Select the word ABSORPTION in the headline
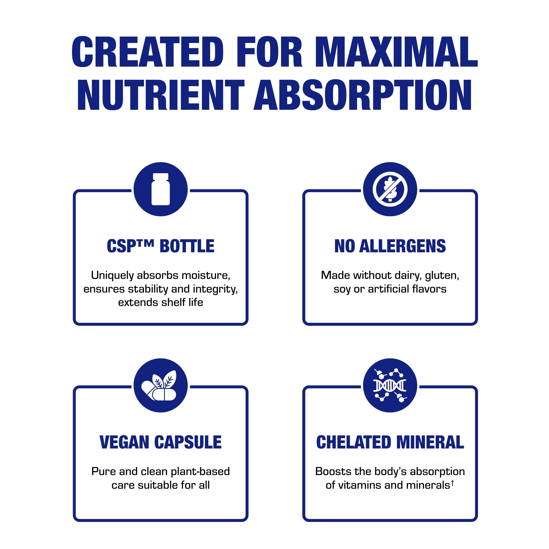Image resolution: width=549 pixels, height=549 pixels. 363,95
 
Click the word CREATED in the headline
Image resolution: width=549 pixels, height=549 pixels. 147,52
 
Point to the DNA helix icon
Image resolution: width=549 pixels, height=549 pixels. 390,386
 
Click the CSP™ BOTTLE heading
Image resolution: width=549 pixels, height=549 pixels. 161,246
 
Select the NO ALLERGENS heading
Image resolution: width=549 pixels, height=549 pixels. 390,246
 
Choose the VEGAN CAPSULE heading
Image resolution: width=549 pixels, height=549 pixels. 161,442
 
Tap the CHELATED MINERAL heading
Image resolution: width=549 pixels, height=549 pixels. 390,442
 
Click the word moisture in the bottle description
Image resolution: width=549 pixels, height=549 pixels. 205,275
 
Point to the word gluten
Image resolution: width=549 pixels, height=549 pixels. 442,275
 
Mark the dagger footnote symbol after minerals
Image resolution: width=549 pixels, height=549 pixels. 452,482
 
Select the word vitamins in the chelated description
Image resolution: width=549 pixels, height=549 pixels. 359,485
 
